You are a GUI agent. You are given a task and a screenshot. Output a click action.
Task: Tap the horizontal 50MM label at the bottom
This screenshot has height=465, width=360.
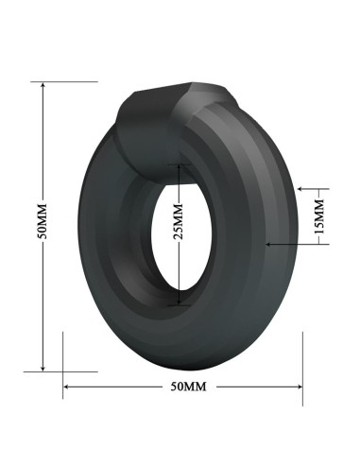point(187,387)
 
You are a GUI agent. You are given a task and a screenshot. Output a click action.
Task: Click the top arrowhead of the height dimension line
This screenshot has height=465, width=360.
point(43,85)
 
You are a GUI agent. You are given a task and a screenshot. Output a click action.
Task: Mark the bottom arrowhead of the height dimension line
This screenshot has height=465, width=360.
point(43,369)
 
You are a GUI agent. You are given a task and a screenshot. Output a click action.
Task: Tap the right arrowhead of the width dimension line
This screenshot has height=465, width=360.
point(300,387)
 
